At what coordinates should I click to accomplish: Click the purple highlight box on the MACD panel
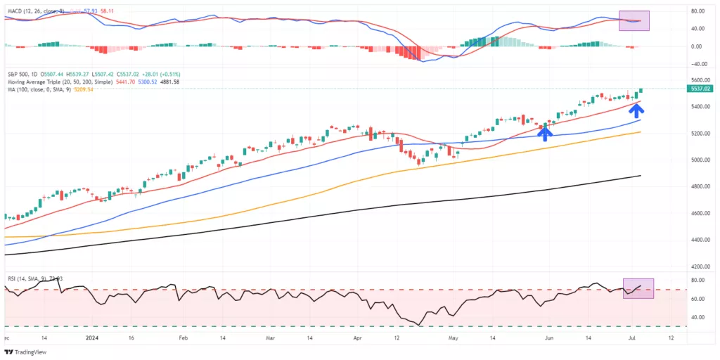[634, 20]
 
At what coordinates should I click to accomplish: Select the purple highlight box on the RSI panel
[638, 288]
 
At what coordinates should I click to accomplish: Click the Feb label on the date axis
[183, 337]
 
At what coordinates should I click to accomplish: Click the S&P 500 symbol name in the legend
[19, 73]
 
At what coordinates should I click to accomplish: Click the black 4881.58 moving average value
[166, 82]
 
